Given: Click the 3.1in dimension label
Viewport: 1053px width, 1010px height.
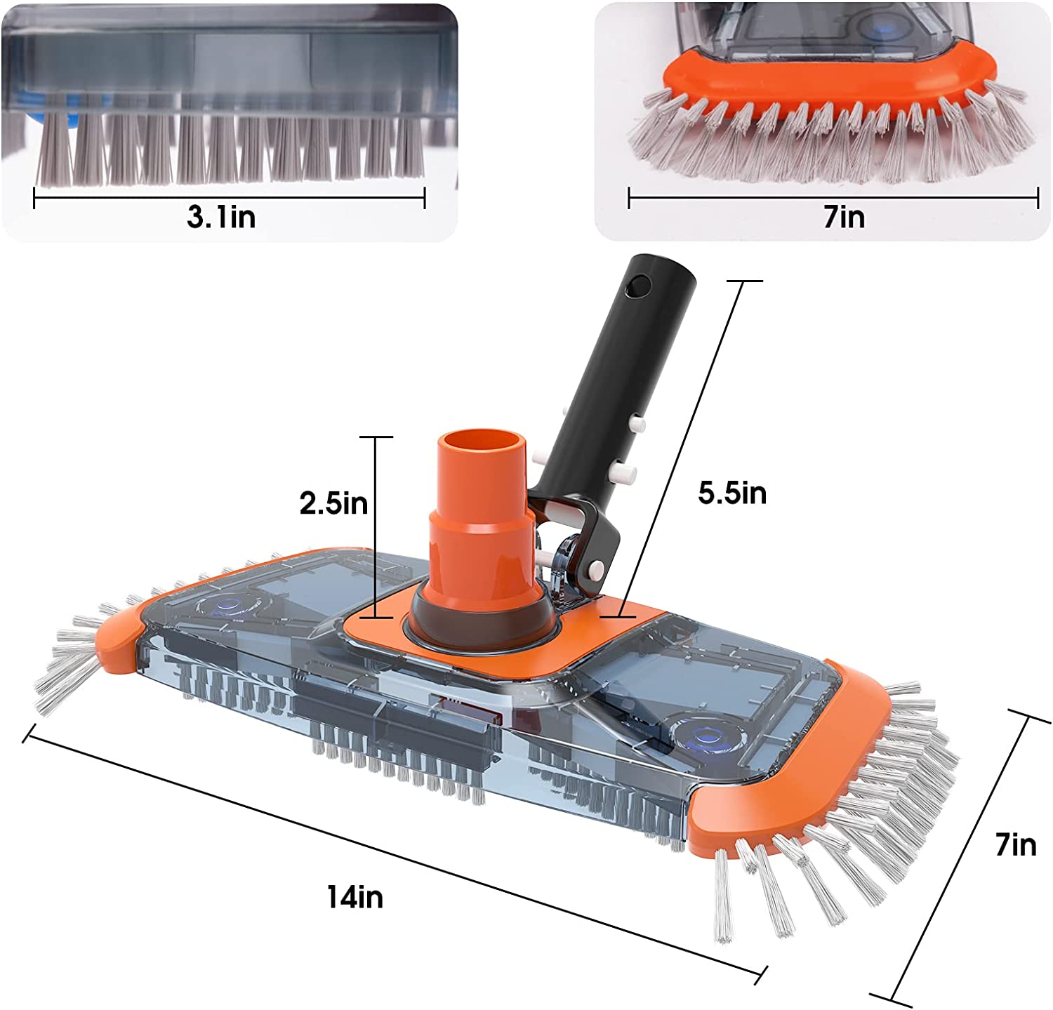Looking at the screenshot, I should coord(221,217).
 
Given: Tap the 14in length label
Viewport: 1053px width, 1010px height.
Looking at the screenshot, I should coord(355,897).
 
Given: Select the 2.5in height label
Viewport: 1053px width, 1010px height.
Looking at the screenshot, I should coord(333,503).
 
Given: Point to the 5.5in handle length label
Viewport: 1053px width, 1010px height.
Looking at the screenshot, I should coord(731,493).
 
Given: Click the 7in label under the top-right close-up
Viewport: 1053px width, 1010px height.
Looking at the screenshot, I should coord(844,217).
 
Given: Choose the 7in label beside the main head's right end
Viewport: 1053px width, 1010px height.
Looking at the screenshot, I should coord(1015,844).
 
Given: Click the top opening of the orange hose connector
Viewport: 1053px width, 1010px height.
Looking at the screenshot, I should coord(482,445).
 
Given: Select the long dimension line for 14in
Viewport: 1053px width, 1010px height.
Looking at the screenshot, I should coord(393,856).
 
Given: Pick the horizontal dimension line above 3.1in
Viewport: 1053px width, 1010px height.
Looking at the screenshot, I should coord(230,199).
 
